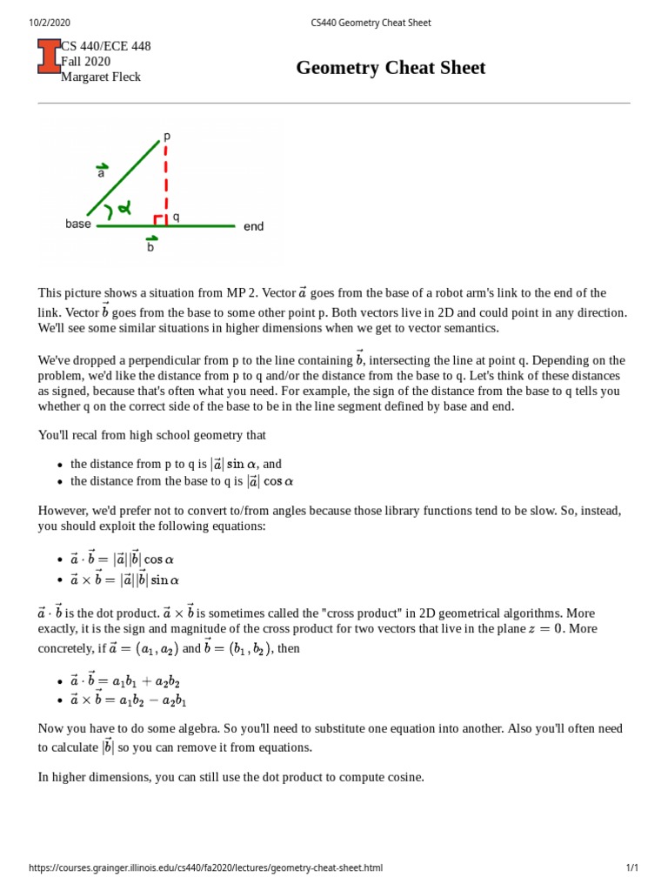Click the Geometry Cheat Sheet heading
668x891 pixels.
(391, 68)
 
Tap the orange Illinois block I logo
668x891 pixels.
(49, 61)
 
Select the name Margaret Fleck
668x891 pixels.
(100, 77)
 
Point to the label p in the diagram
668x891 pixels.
(167, 137)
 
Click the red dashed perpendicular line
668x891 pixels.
(165, 178)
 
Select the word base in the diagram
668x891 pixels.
(78, 224)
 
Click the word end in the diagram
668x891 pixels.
(253, 227)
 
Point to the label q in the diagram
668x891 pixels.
(176, 217)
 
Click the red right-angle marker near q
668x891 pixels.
(159, 220)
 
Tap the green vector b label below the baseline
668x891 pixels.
(151, 244)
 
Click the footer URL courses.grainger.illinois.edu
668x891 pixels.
(205, 868)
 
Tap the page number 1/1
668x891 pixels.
(631, 868)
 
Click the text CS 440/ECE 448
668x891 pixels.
(105, 46)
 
